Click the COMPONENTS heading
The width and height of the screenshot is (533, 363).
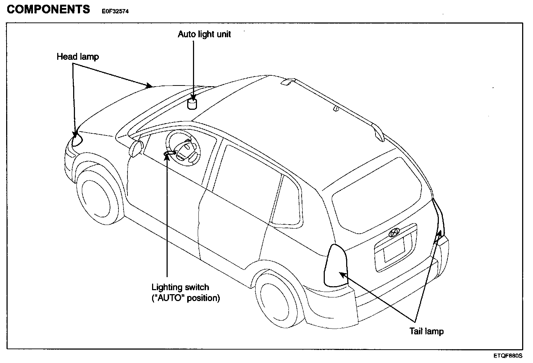click(48, 9)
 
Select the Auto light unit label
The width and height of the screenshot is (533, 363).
click(204, 34)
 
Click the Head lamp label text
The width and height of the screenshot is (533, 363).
click(77, 57)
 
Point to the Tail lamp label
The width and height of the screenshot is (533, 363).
click(426, 331)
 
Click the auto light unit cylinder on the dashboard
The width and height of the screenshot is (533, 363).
click(192, 104)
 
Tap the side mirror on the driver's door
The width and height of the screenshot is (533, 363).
click(136, 149)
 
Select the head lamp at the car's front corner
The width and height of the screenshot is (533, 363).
click(77, 138)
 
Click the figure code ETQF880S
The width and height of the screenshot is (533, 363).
click(507, 355)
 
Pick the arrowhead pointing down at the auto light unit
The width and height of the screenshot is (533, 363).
click(193, 97)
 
